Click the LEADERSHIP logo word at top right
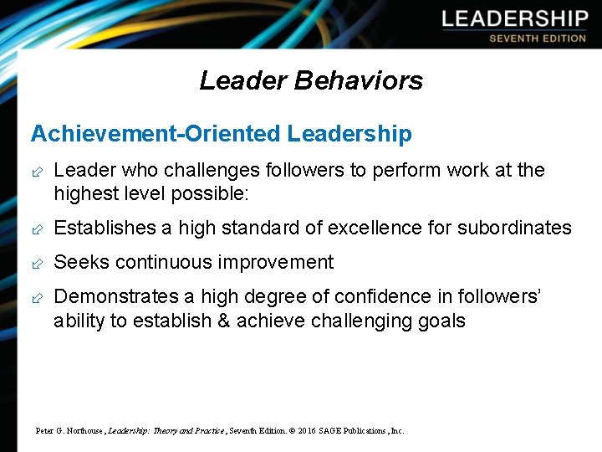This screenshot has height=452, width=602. (515, 19)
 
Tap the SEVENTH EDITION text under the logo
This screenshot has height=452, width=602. (538, 39)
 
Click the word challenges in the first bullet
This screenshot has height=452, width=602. (213, 171)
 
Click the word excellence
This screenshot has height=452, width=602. (379, 228)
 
